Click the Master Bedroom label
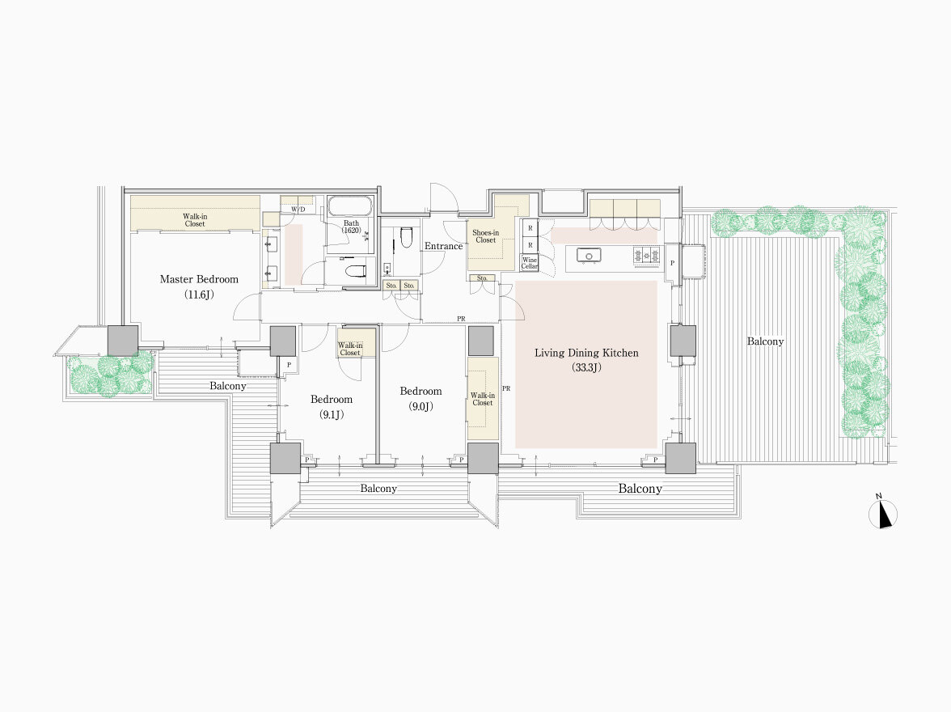(x=199, y=279)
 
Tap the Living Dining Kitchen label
(x=585, y=353)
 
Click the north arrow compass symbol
(x=883, y=514)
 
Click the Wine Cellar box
(x=530, y=263)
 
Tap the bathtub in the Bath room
(x=351, y=206)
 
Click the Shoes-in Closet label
(x=485, y=236)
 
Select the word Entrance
(x=443, y=246)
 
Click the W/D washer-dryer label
(x=298, y=210)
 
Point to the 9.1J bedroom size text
(x=332, y=414)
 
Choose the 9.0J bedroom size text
(x=421, y=406)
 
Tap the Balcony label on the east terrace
(x=765, y=341)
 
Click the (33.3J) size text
(x=585, y=367)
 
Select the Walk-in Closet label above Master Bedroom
(x=195, y=220)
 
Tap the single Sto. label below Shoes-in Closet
(x=482, y=278)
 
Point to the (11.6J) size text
(x=199, y=295)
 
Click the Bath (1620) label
(x=351, y=227)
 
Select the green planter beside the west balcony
(x=110, y=375)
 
